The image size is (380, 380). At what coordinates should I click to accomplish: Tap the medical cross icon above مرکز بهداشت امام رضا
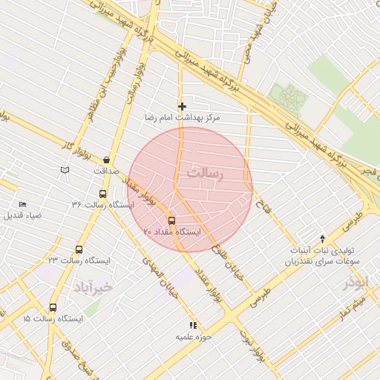[x=183, y=107]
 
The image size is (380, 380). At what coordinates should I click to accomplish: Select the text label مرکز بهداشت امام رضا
[x=183, y=118]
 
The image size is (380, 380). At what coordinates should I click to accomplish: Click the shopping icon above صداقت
[x=108, y=160]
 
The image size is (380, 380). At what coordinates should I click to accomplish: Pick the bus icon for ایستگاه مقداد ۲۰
[x=171, y=220]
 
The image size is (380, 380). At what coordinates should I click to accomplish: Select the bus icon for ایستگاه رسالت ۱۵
[x=53, y=307]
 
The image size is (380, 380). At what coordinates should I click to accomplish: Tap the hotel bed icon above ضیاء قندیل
[x=22, y=204]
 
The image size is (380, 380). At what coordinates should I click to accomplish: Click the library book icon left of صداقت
[x=65, y=171]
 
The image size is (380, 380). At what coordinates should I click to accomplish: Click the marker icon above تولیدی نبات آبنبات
[x=322, y=238]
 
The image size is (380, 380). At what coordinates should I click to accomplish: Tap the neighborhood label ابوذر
[x=356, y=283]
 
